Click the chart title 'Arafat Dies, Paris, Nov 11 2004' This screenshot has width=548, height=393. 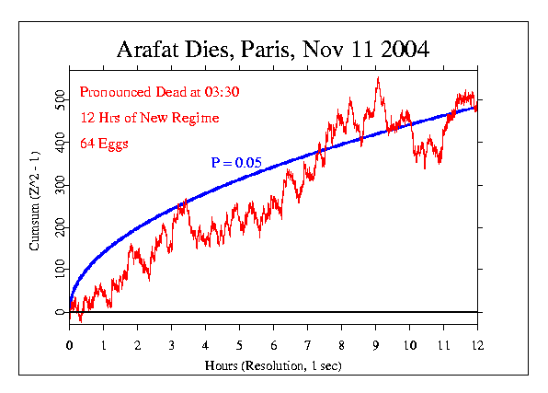tap(273, 50)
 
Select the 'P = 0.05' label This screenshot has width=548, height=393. tap(236, 163)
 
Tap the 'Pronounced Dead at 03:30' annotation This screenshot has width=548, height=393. tap(145, 92)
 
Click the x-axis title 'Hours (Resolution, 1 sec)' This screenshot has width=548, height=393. tap(273, 366)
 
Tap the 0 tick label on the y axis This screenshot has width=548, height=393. tap(61, 312)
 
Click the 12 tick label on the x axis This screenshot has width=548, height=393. tap(476, 346)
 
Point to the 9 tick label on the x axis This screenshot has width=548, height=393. tap(375, 346)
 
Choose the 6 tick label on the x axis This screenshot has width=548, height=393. tap(273, 346)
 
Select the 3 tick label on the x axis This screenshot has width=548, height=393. tap(171, 346)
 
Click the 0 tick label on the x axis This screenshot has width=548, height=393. tap(70, 346)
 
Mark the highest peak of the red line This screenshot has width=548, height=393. tap(377, 78)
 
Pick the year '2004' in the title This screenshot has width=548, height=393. tap(402, 50)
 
